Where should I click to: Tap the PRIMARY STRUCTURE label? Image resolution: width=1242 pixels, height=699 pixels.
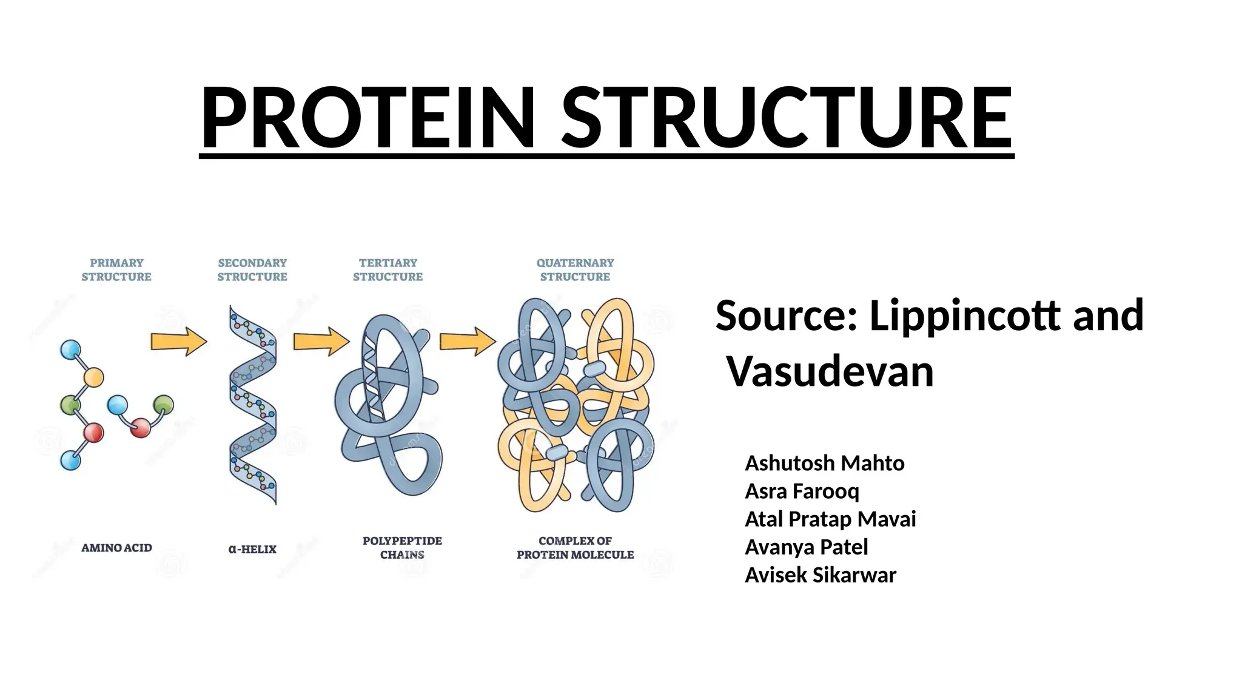116,269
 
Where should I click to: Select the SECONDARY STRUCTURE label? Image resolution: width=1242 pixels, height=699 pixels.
252,269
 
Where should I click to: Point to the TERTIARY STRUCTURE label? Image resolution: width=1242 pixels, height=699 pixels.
388,269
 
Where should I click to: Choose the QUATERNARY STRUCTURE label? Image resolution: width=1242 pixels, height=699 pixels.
575,269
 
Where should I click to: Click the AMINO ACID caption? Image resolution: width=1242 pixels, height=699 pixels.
116,548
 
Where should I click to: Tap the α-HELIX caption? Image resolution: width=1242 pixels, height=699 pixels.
252,549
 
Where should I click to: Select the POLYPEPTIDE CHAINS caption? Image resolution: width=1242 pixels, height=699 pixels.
402,547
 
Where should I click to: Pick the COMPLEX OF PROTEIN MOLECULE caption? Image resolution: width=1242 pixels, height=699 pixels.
575,547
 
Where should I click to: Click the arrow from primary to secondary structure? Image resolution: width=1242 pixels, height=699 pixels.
178,342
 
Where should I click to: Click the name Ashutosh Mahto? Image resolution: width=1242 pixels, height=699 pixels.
824,463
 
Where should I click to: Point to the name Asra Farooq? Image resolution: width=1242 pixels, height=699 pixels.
802,491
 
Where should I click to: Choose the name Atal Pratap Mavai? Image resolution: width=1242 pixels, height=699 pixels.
830,519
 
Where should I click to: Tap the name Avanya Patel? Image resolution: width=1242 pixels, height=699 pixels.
806,547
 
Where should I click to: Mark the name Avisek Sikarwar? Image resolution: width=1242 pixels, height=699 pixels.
820,575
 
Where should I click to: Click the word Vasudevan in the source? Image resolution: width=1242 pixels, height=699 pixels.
830,371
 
